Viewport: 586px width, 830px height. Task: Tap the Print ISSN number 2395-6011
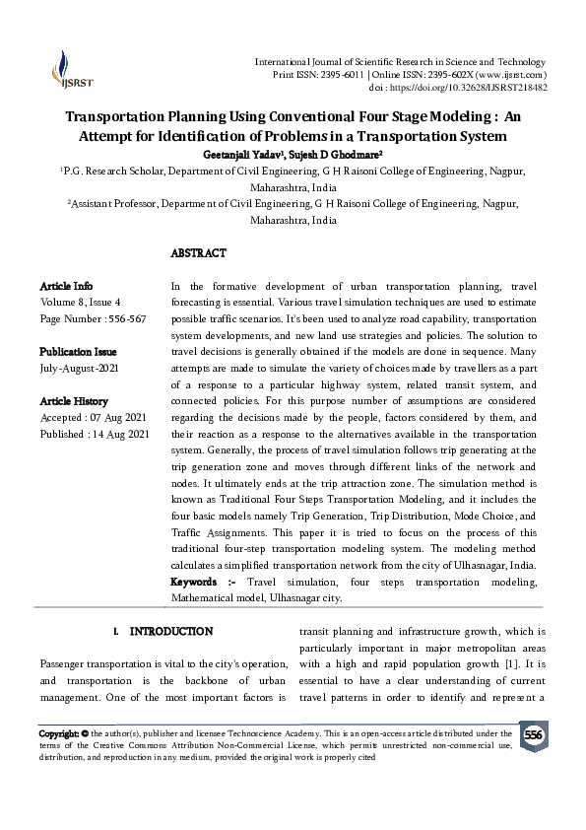pyautogui.click(x=334, y=75)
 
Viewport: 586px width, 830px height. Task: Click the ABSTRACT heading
pyautogui.click(x=198, y=253)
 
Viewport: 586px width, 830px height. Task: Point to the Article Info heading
pyautogui.click(x=66, y=286)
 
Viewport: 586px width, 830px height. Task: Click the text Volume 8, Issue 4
pyautogui.click(x=80, y=303)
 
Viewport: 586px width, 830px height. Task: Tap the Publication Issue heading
pyautogui.click(x=78, y=352)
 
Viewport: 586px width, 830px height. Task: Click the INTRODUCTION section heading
pyautogui.click(x=170, y=630)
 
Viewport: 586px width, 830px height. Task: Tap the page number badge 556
pyautogui.click(x=533, y=735)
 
